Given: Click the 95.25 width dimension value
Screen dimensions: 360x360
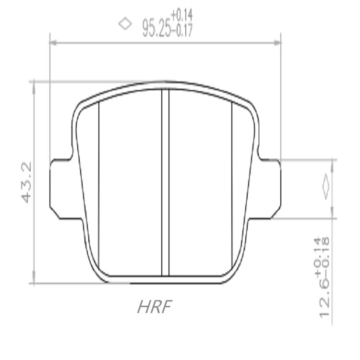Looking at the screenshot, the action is pos(157,28).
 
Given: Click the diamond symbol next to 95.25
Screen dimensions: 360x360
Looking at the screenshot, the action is pos(125,24).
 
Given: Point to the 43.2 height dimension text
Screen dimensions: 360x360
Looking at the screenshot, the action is pos(26,182).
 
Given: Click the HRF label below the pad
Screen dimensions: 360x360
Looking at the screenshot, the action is pos(155,307).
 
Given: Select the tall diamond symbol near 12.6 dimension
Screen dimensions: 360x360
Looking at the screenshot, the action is pos(326,187).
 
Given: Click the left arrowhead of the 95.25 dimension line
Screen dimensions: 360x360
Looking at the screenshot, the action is pos(53,43).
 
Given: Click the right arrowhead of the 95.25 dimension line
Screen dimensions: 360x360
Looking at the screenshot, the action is pos(277,43).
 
